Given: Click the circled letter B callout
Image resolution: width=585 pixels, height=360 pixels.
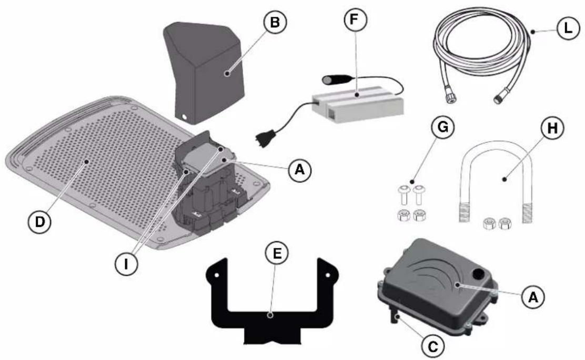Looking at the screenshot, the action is pos(275,23).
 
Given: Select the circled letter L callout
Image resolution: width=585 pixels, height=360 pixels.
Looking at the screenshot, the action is pos(568,28).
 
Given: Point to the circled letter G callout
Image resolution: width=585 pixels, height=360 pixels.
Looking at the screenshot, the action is pos(442,127).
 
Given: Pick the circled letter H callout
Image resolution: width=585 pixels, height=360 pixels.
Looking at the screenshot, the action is pos(552,128).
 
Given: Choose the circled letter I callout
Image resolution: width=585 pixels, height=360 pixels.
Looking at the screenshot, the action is pos(126,264).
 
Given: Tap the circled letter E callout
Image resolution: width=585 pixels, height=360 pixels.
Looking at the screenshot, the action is pos(277,253).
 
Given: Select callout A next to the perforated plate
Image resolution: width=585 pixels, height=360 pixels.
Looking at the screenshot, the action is pos(299,171).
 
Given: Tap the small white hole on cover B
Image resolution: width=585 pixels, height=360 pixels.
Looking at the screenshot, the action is pos(184,117).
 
